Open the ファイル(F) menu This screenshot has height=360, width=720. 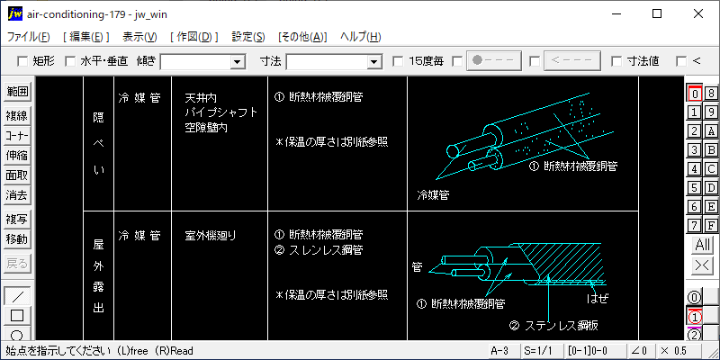29,37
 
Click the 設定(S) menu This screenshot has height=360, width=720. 248,37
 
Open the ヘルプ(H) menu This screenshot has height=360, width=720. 360,37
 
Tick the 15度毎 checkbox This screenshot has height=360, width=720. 399,61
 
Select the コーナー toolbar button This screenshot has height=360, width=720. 17,135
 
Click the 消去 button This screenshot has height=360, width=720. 17,194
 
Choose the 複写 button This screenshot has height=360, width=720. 17,219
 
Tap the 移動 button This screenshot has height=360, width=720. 17,238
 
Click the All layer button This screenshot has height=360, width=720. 702,245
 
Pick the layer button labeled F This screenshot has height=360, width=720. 710,224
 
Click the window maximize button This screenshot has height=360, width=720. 657,13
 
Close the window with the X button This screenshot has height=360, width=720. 698,13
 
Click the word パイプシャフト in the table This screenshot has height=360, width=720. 220,112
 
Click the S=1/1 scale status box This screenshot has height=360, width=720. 535,349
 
